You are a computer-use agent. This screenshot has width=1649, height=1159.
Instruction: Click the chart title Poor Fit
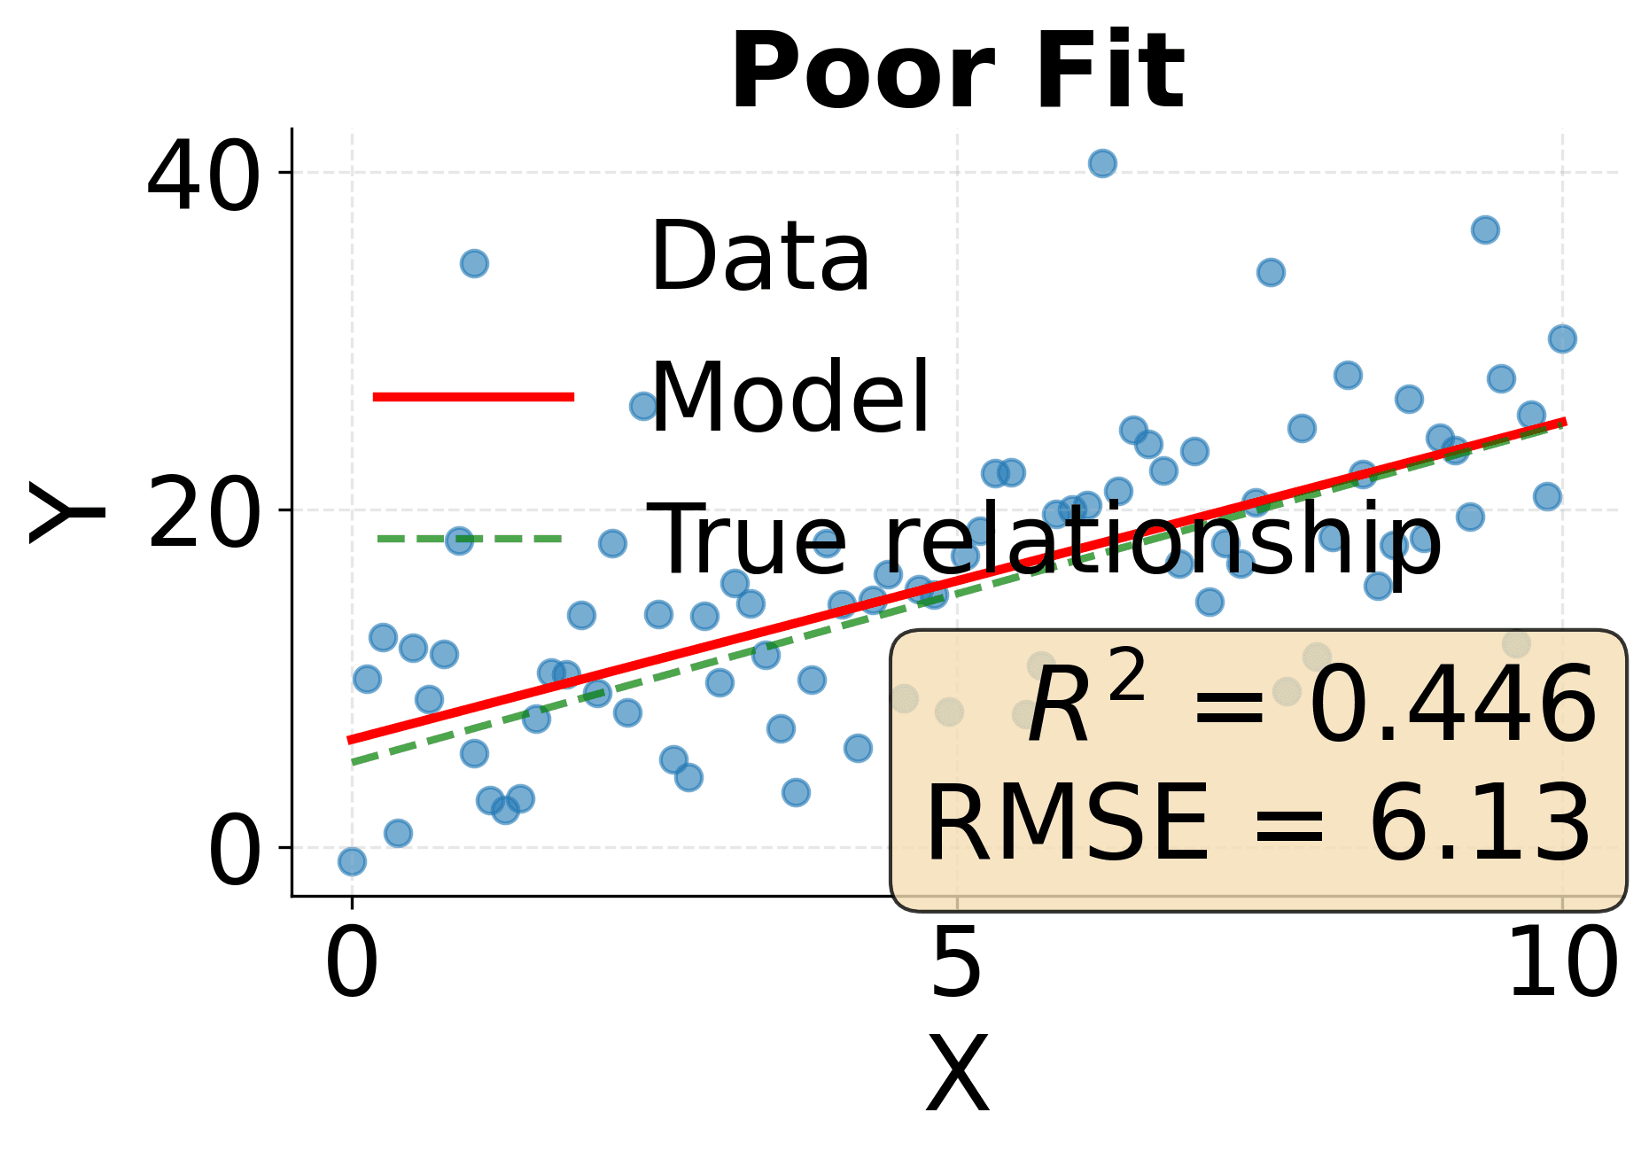tap(956, 71)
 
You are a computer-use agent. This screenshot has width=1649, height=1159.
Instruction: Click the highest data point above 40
tap(1102, 163)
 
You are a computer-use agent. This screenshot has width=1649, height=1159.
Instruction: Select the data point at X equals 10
tap(1562, 338)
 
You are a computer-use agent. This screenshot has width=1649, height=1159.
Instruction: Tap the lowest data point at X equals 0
tap(352, 860)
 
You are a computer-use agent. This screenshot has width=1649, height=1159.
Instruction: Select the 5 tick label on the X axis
tap(956, 964)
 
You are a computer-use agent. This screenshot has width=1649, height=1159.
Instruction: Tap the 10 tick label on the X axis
tap(1562, 964)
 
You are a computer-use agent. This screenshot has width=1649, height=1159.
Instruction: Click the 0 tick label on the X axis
tap(352, 964)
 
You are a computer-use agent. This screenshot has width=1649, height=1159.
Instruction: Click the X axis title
tap(957, 1075)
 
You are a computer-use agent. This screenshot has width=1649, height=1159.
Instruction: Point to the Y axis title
tap(66, 512)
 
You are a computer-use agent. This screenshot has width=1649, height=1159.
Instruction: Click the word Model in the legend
tap(789, 398)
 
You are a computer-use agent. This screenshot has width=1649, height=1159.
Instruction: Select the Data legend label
tap(760, 257)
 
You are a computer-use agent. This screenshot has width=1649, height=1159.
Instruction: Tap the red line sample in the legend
tap(474, 396)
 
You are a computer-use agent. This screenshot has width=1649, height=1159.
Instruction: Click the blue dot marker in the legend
tap(474, 263)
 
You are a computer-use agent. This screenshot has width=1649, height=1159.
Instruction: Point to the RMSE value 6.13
tap(1480, 824)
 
